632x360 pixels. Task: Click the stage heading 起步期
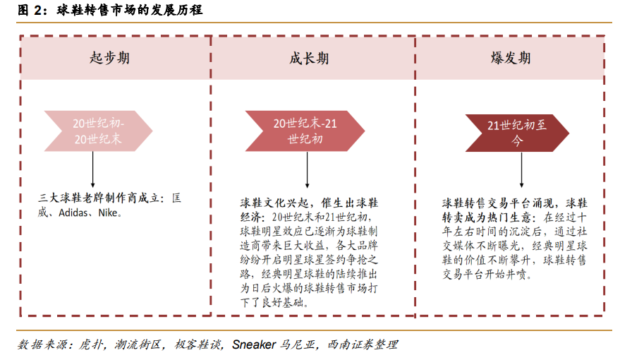click(109, 58)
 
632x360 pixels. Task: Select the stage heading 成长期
click(309, 58)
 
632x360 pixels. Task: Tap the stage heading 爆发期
click(510, 58)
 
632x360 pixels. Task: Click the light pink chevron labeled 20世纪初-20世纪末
click(98, 131)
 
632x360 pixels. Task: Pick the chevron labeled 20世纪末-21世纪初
click(305, 131)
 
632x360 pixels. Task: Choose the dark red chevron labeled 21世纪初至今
click(517, 133)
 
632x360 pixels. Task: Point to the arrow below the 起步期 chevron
click(92, 169)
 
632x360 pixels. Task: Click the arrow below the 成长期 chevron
click(307, 170)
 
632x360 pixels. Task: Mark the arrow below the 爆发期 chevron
click(521, 170)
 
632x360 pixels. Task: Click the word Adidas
click(73, 212)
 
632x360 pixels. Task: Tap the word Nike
click(108, 212)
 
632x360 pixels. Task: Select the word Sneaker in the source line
click(254, 344)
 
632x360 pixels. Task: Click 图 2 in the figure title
click(30, 10)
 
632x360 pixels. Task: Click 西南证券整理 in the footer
click(363, 344)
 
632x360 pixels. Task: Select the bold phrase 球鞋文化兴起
click(274, 203)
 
